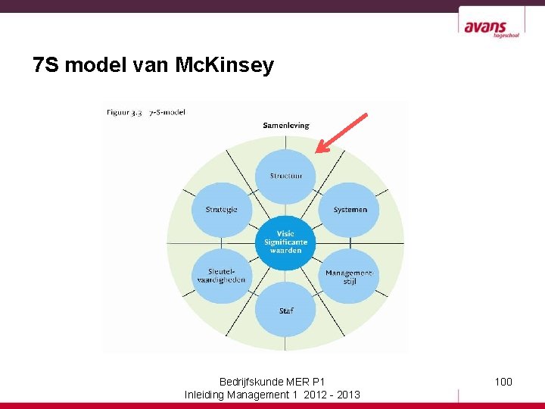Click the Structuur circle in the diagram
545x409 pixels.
point(285,176)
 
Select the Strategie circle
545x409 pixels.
point(221,210)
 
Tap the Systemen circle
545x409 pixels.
point(350,210)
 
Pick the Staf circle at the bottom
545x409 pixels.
point(285,310)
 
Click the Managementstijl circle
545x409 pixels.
point(349,276)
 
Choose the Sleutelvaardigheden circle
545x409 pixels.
point(221,276)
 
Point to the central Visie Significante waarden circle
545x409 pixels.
point(285,242)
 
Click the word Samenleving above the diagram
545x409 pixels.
point(285,125)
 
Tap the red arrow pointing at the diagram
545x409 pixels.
point(341,133)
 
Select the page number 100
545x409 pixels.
point(503,381)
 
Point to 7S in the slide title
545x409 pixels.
point(46,66)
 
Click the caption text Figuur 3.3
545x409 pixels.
point(124,112)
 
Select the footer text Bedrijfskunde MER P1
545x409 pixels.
point(272,381)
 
